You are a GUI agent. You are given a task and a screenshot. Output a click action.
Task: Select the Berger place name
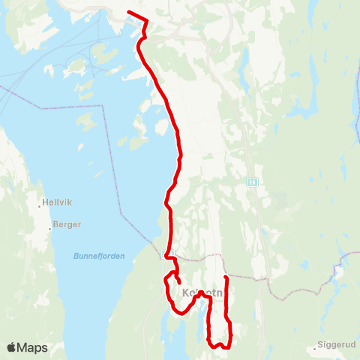point(67,224)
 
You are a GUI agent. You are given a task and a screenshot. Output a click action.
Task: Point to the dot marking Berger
point(51,226)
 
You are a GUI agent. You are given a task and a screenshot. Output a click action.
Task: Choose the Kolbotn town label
point(201,292)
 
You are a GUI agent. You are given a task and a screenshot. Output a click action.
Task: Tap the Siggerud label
point(336,348)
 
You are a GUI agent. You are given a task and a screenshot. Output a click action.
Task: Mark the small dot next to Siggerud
point(315,349)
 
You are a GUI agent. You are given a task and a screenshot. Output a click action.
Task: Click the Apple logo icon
point(12,347)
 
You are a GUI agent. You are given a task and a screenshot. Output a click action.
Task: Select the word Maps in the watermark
point(33,347)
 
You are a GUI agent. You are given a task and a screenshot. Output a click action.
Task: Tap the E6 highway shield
point(251,181)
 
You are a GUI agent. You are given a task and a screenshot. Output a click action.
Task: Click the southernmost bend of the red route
point(216,347)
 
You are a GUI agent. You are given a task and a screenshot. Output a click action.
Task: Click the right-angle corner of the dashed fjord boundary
point(103,107)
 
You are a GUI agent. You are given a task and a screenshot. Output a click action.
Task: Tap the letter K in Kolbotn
point(184,292)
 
